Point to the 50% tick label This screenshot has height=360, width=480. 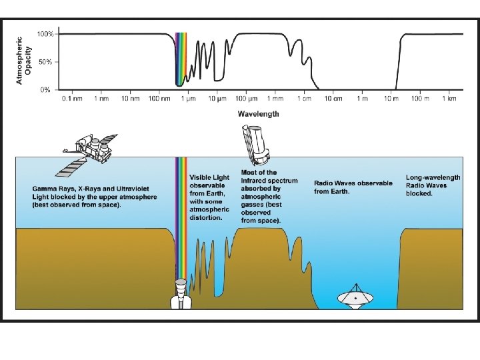click(x=45, y=62)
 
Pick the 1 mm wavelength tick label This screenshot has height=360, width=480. click(x=275, y=99)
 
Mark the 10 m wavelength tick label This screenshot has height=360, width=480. click(x=391, y=99)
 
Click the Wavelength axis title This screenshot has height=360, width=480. click(x=259, y=114)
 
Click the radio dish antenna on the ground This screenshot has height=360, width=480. click(x=355, y=299)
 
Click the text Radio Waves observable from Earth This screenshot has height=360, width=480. click(x=353, y=187)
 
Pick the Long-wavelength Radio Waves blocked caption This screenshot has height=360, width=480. click(x=433, y=185)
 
